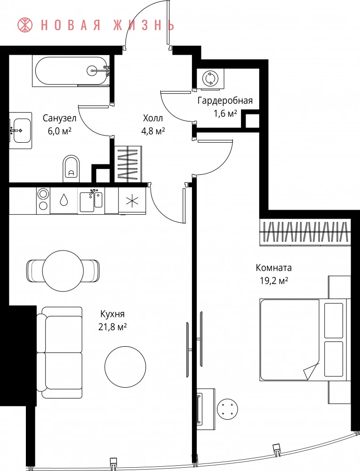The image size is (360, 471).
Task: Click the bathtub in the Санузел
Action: click(71, 72)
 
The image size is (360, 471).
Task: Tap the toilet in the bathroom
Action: click(72, 169)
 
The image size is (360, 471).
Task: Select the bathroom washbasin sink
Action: click(20, 130)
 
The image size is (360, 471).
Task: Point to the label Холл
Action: click(153, 118)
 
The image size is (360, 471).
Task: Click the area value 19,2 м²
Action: click(274, 281)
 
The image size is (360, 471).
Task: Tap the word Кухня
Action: click(112, 314)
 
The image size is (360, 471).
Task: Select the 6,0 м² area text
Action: click(59, 131)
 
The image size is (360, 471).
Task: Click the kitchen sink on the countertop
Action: click(91, 200)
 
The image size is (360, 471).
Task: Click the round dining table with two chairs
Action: click(63, 271)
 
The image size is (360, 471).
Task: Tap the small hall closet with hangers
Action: click(128, 164)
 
